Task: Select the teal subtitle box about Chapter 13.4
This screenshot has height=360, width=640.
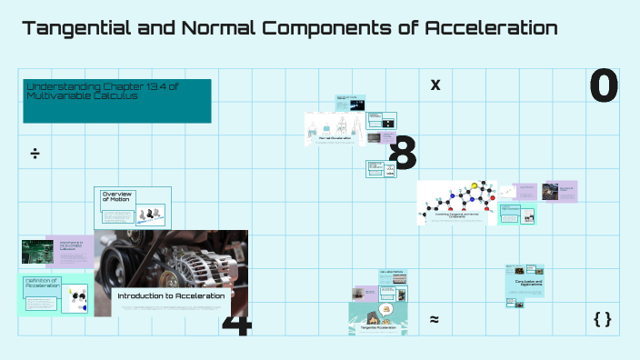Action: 117,100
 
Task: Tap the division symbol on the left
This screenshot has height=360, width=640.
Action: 35,154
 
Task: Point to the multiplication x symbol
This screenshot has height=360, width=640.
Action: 435,85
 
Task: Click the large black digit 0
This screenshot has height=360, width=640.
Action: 604,86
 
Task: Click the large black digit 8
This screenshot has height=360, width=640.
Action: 403,154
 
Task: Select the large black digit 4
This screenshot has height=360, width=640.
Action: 235,325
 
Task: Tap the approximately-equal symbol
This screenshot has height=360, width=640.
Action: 435,319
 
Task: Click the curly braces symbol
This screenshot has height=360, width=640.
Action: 602,319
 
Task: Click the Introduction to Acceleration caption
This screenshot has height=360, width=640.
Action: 171,295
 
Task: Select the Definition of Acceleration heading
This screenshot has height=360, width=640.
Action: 42,284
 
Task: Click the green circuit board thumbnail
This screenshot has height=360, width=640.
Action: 38,252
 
